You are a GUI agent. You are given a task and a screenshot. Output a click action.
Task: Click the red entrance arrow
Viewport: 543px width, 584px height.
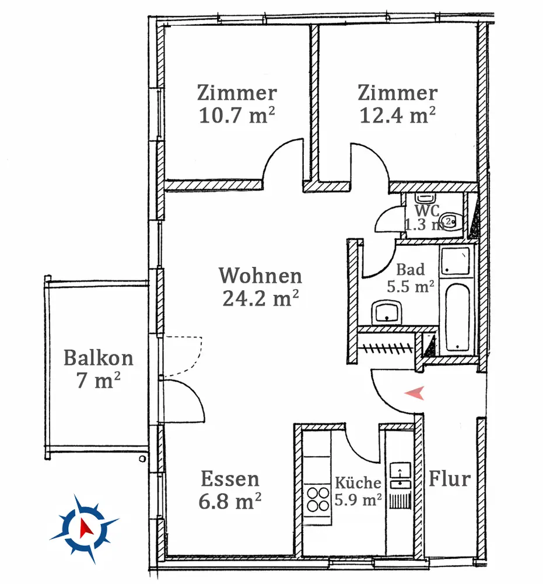click(415, 393)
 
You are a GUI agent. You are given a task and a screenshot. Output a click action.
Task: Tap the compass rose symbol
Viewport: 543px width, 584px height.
click(85, 529)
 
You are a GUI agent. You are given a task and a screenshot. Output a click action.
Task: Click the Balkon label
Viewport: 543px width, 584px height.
click(99, 358)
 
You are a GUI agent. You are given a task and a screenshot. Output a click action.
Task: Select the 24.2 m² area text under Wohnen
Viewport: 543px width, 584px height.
click(261, 298)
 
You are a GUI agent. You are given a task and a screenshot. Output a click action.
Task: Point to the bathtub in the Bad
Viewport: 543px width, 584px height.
click(457, 318)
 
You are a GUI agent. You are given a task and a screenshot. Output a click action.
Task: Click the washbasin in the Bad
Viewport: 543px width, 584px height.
click(387, 312)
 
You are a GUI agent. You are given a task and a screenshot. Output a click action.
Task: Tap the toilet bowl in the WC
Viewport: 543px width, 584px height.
click(451, 223)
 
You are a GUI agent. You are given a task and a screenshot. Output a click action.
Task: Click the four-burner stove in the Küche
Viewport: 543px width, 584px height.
click(317, 499)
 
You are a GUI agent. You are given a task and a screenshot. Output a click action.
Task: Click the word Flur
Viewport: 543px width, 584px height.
click(450, 479)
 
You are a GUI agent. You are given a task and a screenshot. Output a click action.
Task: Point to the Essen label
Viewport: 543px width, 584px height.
click(230, 479)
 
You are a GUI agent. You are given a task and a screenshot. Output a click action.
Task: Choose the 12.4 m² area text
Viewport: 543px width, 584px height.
click(398, 115)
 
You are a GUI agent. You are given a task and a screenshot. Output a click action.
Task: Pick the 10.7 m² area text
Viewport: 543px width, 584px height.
click(237, 115)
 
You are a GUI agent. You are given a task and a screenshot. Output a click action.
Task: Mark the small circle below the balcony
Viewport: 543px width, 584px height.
click(142, 459)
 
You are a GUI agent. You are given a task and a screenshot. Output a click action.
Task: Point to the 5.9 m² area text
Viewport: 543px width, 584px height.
click(358, 499)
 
